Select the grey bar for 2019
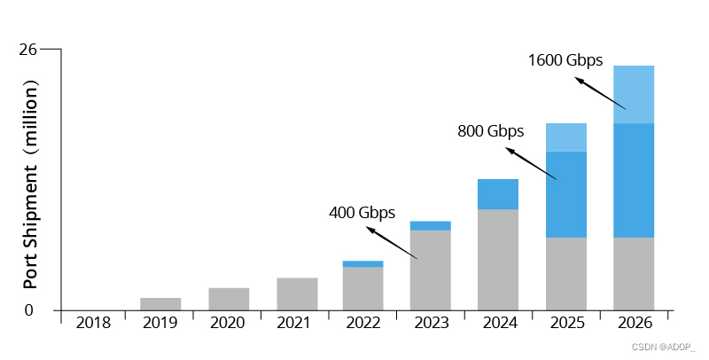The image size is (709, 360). click(160, 303)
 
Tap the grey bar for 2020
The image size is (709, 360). click(229, 299)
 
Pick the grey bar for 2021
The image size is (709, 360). click(297, 293)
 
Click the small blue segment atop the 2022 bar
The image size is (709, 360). click(362, 263)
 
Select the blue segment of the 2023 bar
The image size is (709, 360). click(430, 225)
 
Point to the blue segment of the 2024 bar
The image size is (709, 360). click(498, 194)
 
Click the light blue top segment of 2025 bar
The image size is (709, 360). click(565, 137)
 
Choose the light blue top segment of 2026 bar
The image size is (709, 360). click(634, 94)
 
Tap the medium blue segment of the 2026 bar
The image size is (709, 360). click(634, 180)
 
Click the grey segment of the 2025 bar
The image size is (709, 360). click(565, 273)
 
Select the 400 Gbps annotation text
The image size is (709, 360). click(362, 213)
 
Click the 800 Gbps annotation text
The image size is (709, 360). click(490, 131)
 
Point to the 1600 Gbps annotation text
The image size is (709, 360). click(565, 61)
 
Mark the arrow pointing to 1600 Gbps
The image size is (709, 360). click(600, 93)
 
